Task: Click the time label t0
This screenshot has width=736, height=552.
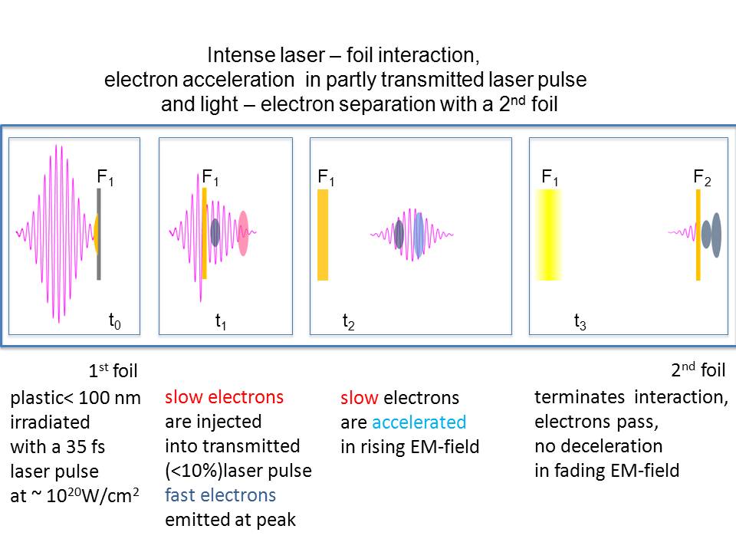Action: coord(115,323)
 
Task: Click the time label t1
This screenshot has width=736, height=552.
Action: coord(220,323)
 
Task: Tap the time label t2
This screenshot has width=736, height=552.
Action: coord(348,323)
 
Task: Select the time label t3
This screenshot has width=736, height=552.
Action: coord(580,323)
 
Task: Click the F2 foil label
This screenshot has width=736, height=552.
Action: coord(702,178)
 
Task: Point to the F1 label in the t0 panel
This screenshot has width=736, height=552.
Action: coord(105,177)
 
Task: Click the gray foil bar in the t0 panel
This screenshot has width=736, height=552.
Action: coord(99,234)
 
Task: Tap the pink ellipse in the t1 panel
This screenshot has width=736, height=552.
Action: coord(244,233)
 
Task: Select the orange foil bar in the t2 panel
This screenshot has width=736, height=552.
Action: coord(323,235)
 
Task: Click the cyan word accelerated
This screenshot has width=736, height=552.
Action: coord(419,422)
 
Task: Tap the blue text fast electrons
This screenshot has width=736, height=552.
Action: coord(220,495)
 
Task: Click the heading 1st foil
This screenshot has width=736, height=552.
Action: coord(113,372)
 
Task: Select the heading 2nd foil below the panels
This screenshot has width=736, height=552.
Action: coord(698,370)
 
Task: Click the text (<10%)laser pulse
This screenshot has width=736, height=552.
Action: coord(238,471)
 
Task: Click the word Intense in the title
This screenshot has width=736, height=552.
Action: coord(234,56)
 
